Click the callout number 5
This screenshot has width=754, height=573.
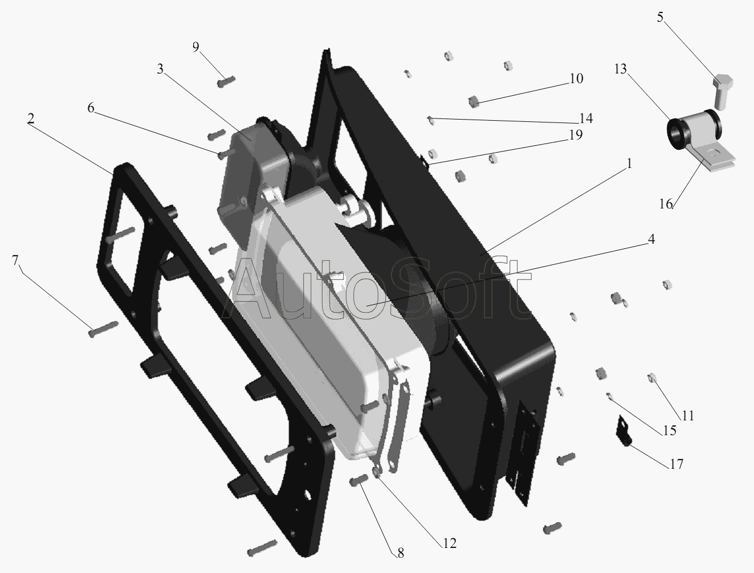coord(660,17)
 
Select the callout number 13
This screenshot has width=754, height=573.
coord(621,69)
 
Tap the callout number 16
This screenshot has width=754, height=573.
coord(665,204)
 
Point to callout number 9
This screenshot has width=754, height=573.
coord(196,47)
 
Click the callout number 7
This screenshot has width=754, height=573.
coord(15,260)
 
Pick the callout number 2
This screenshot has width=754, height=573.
coord(31,119)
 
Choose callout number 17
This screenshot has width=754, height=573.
coord(676,465)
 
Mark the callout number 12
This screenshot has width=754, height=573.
coord(450,543)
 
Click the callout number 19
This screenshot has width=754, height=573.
coord(576,135)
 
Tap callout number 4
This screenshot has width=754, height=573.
coord(651,239)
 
